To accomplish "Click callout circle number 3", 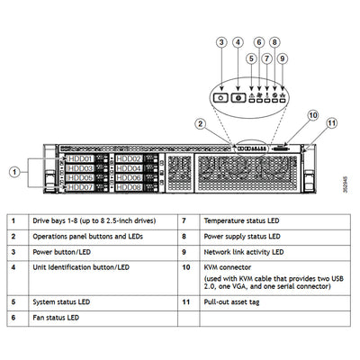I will pos(220,42).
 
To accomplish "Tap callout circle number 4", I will pos(238,42).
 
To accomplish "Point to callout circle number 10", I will pos(311,115).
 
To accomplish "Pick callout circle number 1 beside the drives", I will pos(14,170).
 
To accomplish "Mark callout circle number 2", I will pos(202,123).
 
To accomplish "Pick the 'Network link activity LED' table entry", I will pos(246,252).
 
